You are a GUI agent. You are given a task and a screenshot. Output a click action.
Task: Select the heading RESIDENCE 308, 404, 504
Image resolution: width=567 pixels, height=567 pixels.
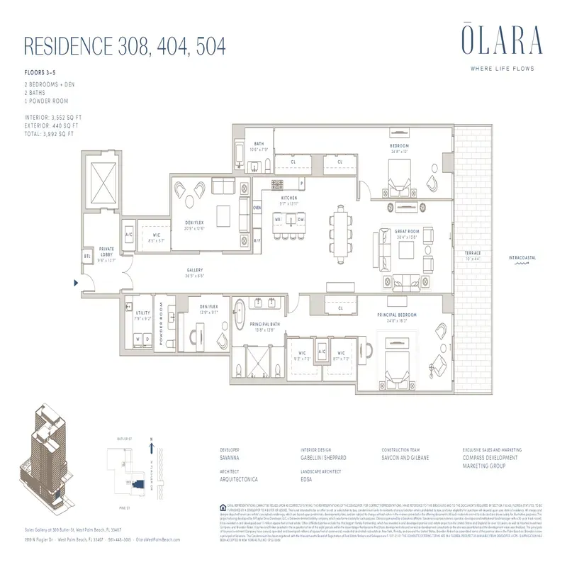tap(125, 46)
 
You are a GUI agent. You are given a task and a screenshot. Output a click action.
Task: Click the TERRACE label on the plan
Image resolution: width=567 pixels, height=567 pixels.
tap(472, 254)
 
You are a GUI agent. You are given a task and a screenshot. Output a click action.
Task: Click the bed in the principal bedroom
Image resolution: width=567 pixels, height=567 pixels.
tap(393, 357)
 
